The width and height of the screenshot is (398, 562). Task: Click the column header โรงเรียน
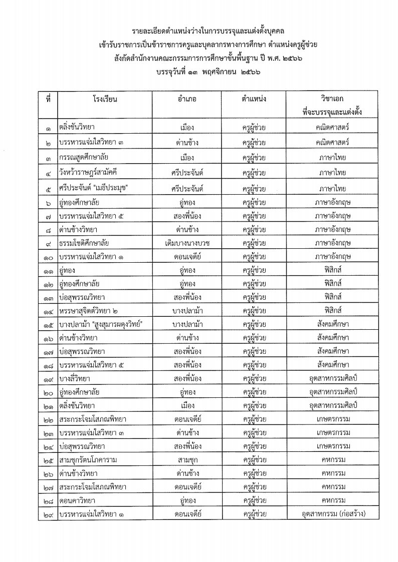point(105,99)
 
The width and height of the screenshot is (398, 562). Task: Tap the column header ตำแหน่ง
point(253,99)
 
